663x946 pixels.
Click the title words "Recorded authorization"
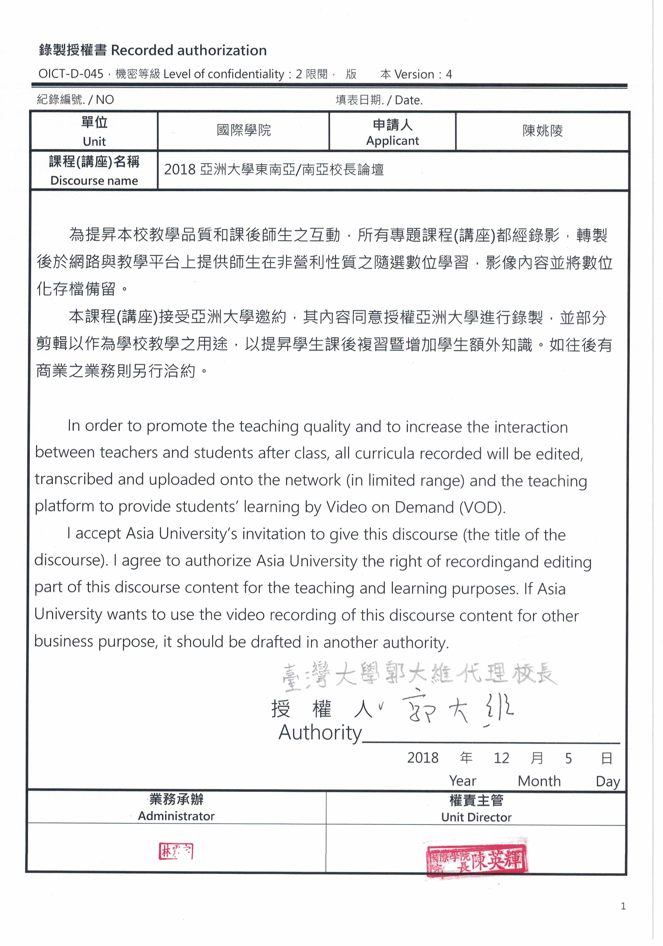[189, 50]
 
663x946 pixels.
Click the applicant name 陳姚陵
[542, 131]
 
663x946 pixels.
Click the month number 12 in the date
[501, 758]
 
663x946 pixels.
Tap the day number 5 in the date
[568, 758]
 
